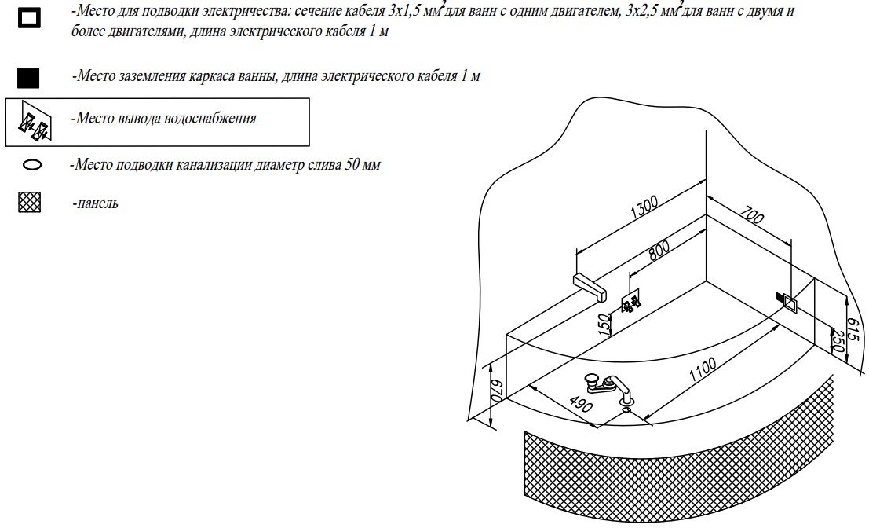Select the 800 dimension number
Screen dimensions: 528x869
pyautogui.click(x=659, y=250)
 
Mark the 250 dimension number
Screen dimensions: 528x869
pyautogui.click(x=837, y=342)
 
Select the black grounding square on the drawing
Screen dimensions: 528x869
pyautogui.click(x=780, y=297)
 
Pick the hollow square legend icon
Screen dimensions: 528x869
pyautogui.click(x=29, y=18)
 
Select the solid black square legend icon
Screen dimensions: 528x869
pyautogui.click(x=28, y=78)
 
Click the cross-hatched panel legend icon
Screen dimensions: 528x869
pyautogui.click(x=29, y=203)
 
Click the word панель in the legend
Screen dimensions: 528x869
pyautogui.click(x=95, y=203)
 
